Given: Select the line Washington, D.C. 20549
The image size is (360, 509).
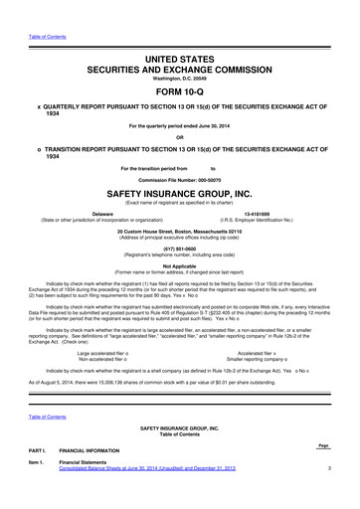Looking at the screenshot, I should [180, 67].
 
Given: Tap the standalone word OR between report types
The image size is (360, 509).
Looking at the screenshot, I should [180, 137].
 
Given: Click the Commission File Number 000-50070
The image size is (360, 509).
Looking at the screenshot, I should [180, 179].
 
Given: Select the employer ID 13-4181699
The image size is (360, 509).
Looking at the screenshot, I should [257, 213].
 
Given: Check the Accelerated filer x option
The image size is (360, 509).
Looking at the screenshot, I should [257, 352].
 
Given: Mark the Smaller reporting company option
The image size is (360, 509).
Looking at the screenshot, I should [257, 359].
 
